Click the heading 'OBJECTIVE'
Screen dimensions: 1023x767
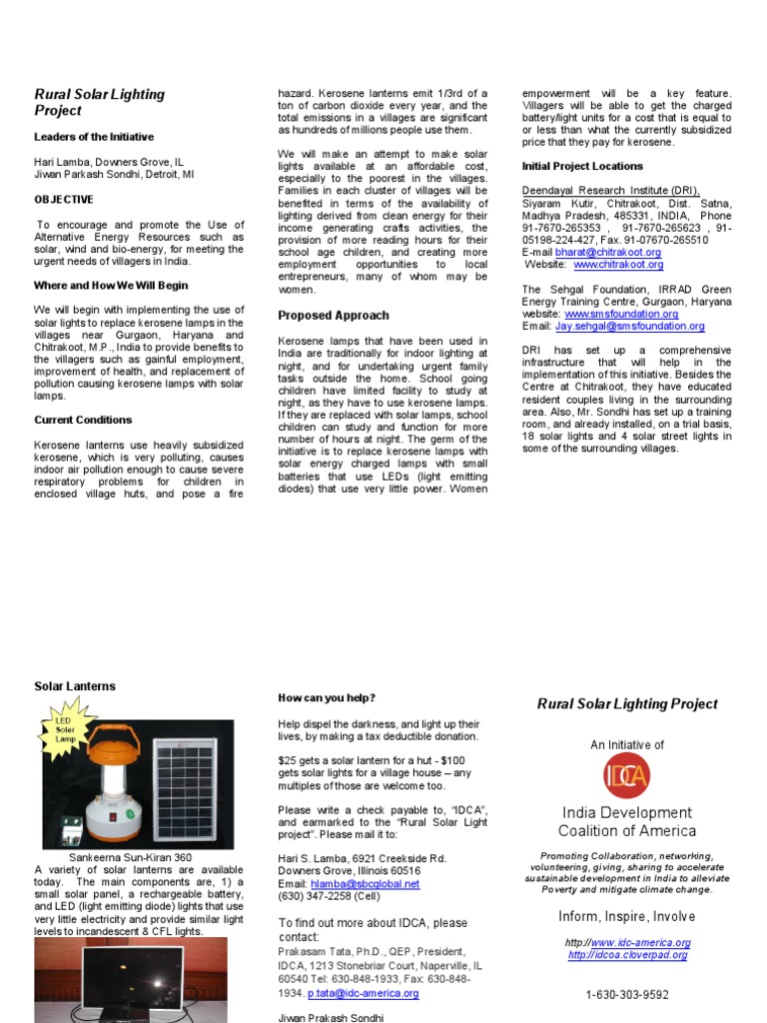[64, 200]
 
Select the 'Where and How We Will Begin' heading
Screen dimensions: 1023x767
[111, 286]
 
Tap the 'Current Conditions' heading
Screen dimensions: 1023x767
[83, 420]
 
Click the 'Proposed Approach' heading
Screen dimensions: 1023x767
[333, 316]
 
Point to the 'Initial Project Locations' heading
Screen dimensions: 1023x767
[582, 166]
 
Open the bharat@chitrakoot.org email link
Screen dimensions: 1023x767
[608, 253]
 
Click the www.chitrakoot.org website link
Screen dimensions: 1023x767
[618, 265]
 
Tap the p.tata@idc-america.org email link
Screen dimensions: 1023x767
[363, 993]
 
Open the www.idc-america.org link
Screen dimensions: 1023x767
[640, 942]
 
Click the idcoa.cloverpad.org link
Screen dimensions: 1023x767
[628, 955]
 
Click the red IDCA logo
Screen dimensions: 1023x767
[627, 775]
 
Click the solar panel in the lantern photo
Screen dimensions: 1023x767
[186, 785]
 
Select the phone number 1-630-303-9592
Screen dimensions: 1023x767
[627, 995]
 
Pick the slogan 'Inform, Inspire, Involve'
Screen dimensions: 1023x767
[627, 916]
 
